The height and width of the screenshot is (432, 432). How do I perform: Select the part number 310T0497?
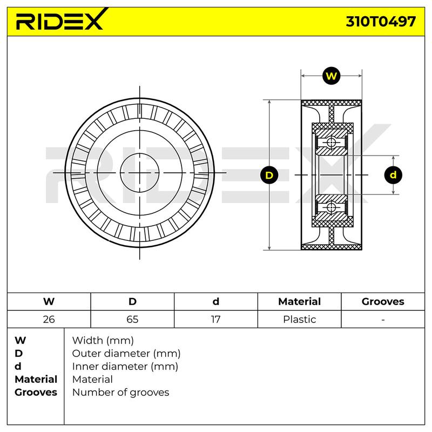[x=381, y=22]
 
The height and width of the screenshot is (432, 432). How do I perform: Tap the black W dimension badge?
[x=331, y=76]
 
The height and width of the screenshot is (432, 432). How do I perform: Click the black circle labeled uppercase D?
[x=269, y=175]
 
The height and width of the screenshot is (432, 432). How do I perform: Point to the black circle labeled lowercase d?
[x=393, y=175]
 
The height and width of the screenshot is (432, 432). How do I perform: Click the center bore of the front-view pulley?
[x=140, y=173]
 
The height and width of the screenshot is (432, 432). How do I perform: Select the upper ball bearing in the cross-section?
[x=331, y=143]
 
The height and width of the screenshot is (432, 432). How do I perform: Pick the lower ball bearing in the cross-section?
[x=331, y=207]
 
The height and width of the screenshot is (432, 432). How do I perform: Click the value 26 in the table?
[x=49, y=319]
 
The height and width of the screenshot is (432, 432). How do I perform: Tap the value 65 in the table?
[x=132, y=319]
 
